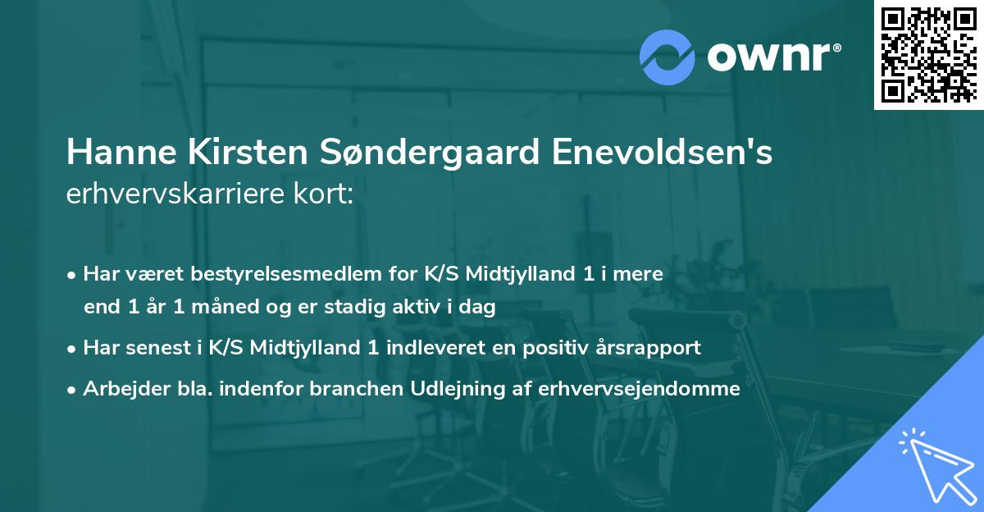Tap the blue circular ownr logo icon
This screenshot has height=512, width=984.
click(x=668, y=57)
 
